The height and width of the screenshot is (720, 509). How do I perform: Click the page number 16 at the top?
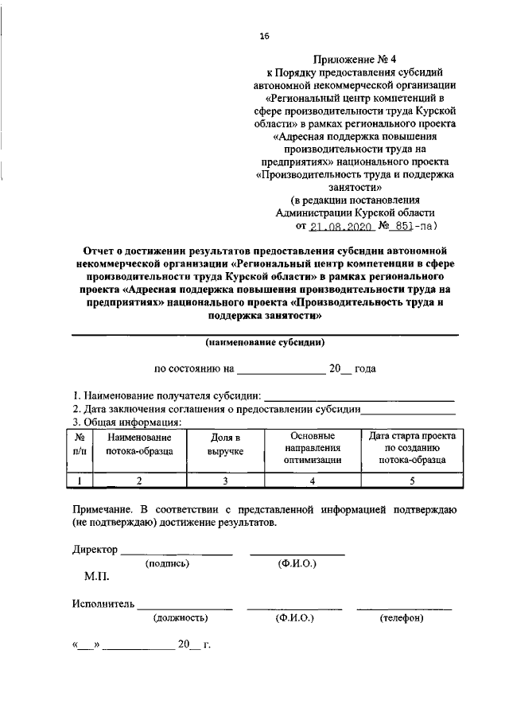pyautogui.click(x=264, y=35)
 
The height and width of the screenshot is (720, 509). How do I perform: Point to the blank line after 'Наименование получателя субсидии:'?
pyautogui.click(x=359, y=395)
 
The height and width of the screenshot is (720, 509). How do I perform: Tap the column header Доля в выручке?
pyautogui.click(x=225, y=444)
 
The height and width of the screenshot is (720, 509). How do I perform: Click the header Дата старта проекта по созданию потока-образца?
pyautogui.click(x=411, y=448)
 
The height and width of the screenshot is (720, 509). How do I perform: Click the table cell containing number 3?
pyautogui.click(x=225, y=480)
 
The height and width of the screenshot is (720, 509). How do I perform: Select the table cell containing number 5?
pyautogui.click(x=411, y=480)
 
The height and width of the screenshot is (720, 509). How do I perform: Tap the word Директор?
pyautogui.click(x=95, y=550)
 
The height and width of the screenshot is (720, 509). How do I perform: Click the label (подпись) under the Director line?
pyautogui.click(x=167, y=563)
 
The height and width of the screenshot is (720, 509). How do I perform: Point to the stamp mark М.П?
pyautogui.click(x=97, y=575)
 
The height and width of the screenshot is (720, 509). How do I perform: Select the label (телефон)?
pyautogui.click(x=402, y=617)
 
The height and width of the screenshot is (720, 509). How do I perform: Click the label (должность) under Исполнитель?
pyautogui.click(x=181, y=617)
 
